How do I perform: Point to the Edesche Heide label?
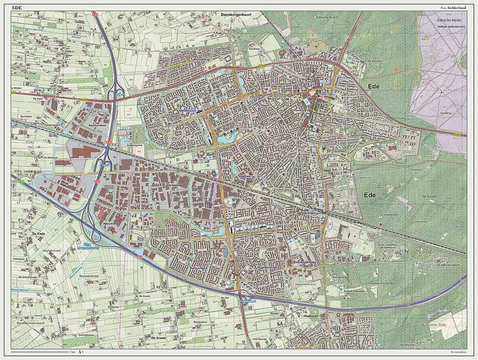pos(447,19)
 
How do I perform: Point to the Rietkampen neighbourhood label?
pos(198,268)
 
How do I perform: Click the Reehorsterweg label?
pos(306,262)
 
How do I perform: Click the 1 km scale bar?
pos(40,352)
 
